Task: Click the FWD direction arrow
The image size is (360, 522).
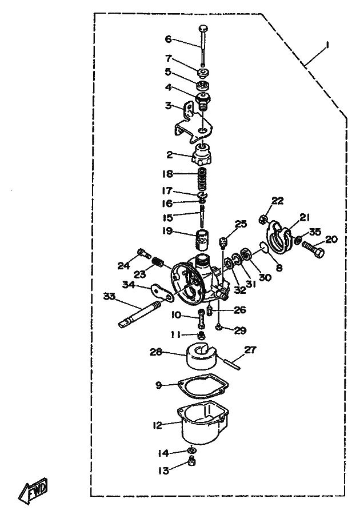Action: [33, 491]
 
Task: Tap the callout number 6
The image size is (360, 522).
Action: [169, 39]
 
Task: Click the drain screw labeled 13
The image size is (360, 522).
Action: [191, 461]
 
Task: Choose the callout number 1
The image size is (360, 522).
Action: [327, 45]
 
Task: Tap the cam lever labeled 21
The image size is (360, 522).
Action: [279, 237]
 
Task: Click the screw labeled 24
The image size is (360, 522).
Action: [144, 254]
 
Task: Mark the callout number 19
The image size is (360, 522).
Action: [167, 231]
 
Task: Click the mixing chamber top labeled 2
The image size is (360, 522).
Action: [202, 154]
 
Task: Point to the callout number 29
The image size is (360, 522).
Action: [240, 330]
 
